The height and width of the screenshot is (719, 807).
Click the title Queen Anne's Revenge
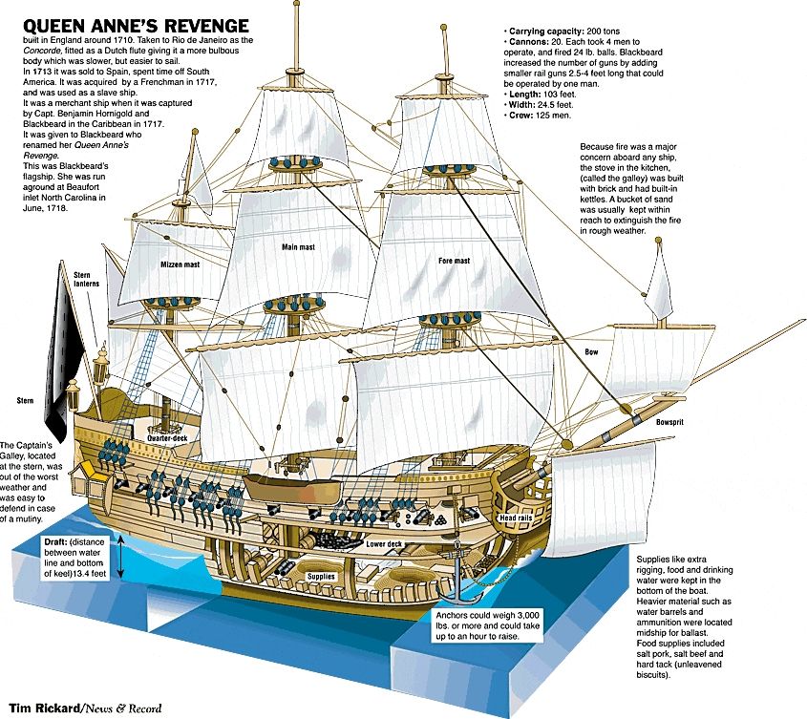tap(136, 25)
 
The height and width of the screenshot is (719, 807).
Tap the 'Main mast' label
tap(299, 247)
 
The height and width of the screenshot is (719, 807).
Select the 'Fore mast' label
tap(454, 261)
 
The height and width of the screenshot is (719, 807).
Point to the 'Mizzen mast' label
tap(181, 264)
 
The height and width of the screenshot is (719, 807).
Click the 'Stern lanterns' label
tap(87, 280)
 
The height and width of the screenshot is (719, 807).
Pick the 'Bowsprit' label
tap(669, 422)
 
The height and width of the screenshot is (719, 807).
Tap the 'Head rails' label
tap(516, 518)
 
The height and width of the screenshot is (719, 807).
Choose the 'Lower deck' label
tap(384, 544)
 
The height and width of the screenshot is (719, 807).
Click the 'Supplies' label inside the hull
tap(321, 577)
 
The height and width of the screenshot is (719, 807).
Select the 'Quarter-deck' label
tap(167, 438)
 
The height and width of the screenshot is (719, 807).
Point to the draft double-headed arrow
tap(121, 557)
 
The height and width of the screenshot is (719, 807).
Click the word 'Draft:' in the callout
tap(55, 542)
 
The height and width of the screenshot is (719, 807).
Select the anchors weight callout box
tap(487, 625)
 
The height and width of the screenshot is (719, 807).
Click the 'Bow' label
tap(591, 352)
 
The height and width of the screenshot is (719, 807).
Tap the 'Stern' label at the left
tap(25, 400)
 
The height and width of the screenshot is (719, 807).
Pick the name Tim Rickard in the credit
tap(44, 708)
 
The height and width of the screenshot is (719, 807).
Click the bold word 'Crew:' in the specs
tap(520, 116)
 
